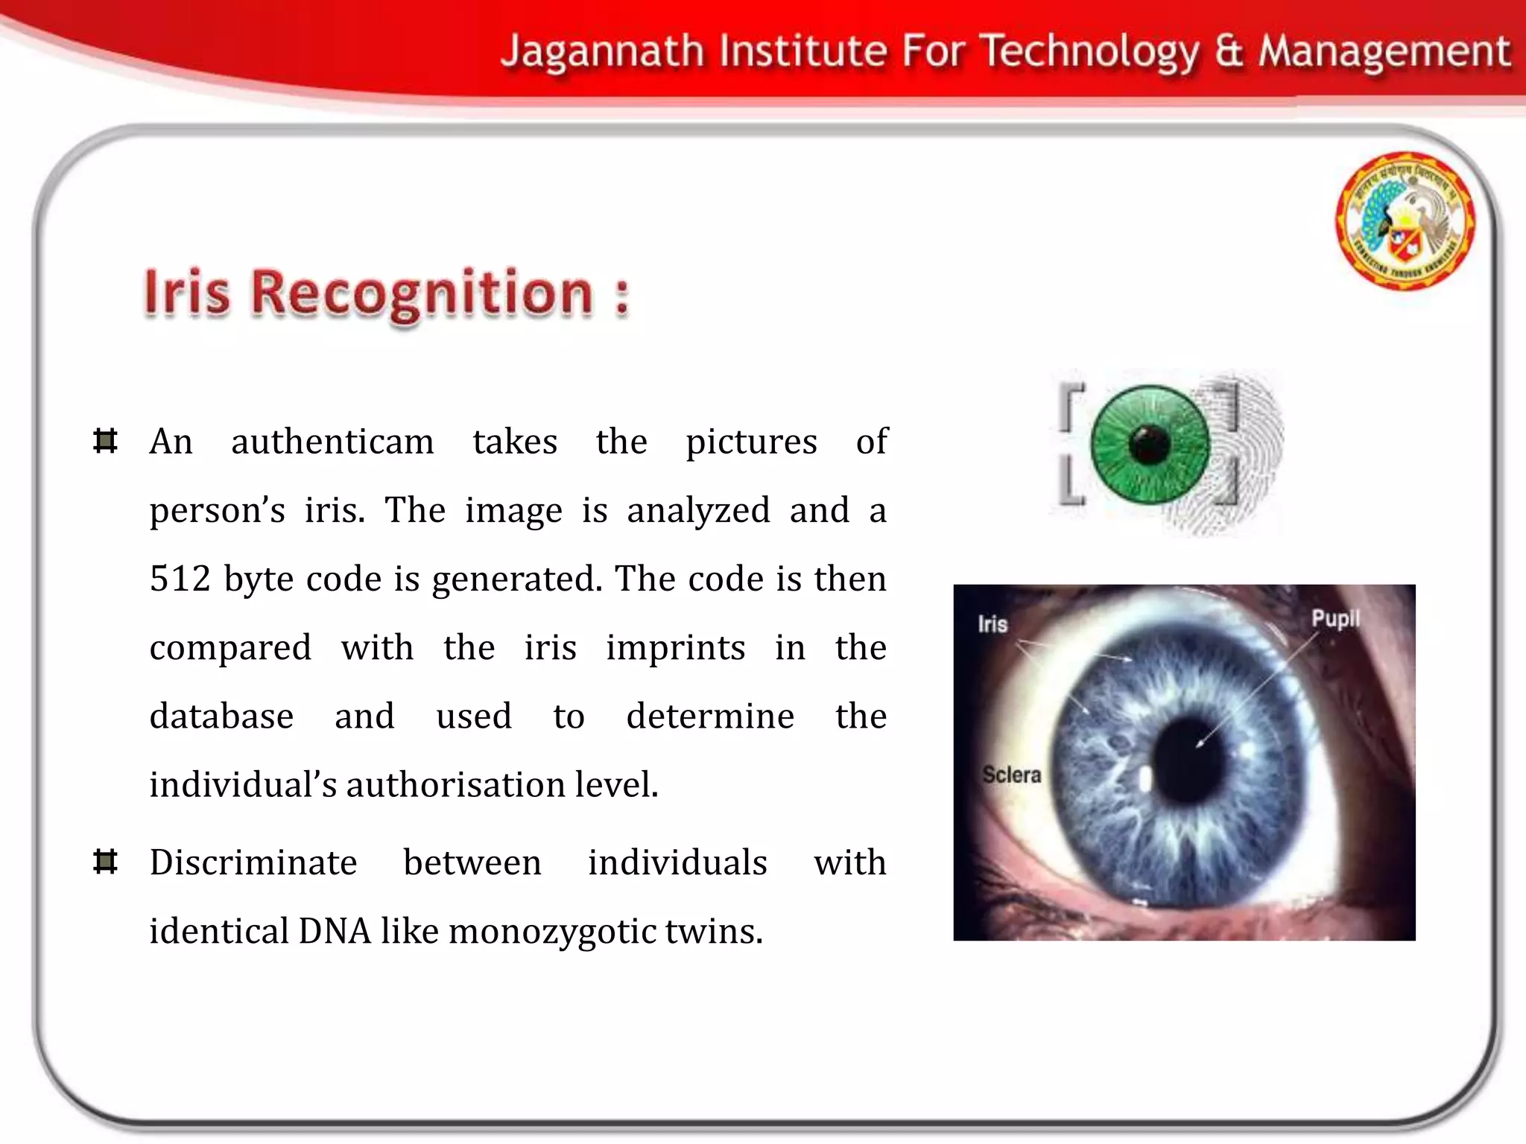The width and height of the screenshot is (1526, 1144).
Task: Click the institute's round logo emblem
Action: (x=1405, y=221)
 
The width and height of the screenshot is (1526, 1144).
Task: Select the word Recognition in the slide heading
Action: (x=421, y=293)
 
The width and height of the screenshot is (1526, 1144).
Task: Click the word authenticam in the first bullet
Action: (x=332, y=442)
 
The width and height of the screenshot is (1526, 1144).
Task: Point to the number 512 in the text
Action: (x=180, y=579)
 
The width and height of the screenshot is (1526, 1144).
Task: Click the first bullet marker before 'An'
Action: (x=106, y=441)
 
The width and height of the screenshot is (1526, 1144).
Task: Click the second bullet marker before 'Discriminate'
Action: (x=106, y=862)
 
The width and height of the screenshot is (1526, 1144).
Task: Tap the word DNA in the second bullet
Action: (x=335, y=931)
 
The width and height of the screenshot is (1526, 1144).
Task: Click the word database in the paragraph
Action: (x=221, y=716)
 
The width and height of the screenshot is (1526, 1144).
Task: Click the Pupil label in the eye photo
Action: (x=1335, y=619)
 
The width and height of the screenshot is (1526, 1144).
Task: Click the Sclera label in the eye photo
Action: (x=1011, y=775)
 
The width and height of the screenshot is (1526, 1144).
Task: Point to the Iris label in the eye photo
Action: (x=992, y=624)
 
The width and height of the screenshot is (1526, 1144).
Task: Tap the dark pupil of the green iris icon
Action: (x=1149, y=444)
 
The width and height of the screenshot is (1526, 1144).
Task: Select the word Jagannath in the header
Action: (x=602, y=52)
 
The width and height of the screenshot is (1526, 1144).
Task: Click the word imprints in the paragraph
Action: (x=675, y=648)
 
